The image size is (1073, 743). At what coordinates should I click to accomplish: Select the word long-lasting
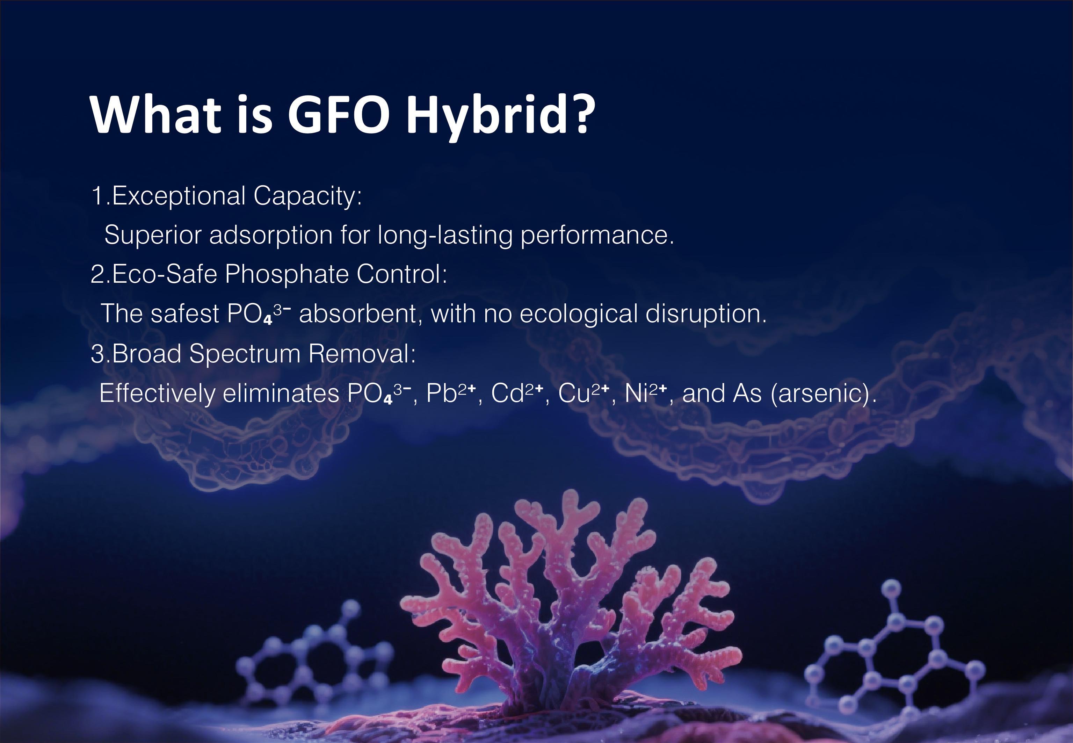[x=445, y=235]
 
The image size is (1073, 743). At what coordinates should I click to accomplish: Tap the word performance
[x=597, y=235]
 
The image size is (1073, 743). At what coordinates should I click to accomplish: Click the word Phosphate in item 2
[x=287, y=274]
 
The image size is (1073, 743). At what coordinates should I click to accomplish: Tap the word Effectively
[x=157, y=394]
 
